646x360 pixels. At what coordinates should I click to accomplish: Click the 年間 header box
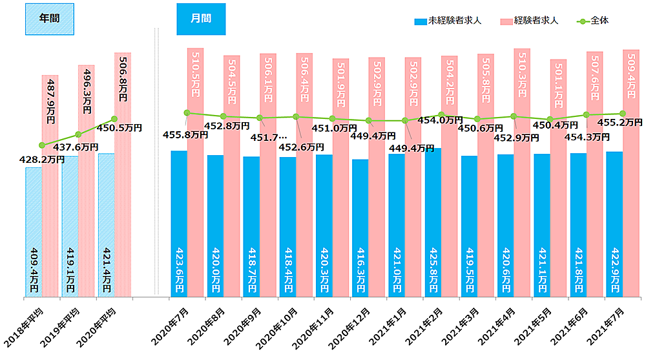click(49, 19)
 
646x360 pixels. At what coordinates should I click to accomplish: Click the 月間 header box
click(202, 19)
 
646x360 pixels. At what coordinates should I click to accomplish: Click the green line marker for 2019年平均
click(78, 134)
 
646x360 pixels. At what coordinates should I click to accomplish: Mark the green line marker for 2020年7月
click(187, 113)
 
